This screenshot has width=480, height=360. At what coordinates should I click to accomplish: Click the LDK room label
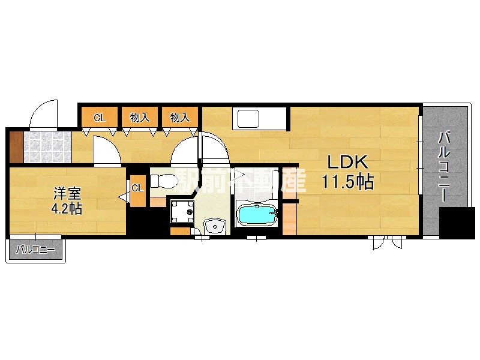[347, 162]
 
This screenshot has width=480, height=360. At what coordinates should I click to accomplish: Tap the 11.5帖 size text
[347, 182]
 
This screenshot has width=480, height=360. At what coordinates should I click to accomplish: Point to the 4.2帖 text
[67, 209]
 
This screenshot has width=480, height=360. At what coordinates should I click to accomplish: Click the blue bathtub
[257, 215]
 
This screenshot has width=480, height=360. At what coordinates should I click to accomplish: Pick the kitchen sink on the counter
[248, 119]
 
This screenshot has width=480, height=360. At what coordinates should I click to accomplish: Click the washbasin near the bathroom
[215, 227]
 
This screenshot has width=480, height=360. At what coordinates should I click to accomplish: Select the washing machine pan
[182, 212]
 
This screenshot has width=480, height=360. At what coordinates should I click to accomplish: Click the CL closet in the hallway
[100, 118]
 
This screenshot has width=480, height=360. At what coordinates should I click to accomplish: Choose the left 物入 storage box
[140, 118]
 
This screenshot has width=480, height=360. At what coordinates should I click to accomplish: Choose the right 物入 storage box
[179, 118]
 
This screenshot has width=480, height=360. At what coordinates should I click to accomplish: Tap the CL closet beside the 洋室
[138, 191]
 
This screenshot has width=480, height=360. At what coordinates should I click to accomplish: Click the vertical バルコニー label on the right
[444, 167]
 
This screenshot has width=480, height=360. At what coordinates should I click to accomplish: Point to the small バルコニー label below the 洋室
[35, 250]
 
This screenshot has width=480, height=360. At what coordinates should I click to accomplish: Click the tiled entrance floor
[48, 147]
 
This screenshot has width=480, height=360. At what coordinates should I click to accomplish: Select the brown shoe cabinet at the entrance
[17, 147]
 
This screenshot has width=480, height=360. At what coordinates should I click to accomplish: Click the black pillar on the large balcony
[457, 223]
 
